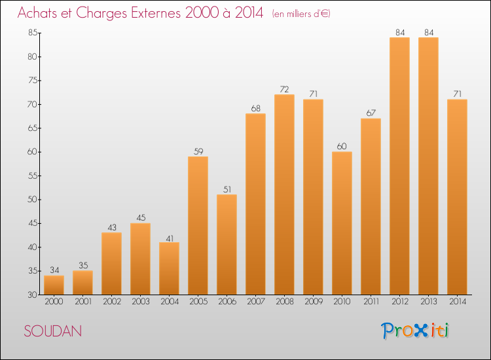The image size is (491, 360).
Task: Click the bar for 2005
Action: pyautogui.click(x=198, y=225)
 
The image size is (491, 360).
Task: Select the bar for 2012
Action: pyautogui.click(x=399, y=166)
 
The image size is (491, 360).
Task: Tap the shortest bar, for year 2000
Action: pyautogui.click(x=54, y=285)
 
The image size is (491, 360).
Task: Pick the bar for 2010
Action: pyautogui.click(x=342, y=223)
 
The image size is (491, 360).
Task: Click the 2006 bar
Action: pyautogui.click(x=227, y=245)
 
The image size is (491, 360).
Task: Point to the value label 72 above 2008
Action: pyautogui.click(x=284, y=90)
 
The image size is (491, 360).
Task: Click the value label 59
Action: pyautogui.click(x=198, y=151)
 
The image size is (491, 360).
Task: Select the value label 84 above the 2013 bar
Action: pyautogui.click(x=429, y=33)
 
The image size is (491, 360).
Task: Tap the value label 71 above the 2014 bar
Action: pyautogui.click(x=458, y=94)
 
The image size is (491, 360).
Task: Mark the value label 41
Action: pyautogui.click(x=170, y=238)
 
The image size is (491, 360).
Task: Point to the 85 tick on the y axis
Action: pyautogui.click(x=33, y=33)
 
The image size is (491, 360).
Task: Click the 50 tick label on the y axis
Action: pyautogui.click(x=33, y=200)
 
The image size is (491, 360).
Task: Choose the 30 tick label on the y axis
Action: pyautogui.click(x=33, y=295)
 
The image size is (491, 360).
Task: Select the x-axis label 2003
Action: pyautogui.click(x=141, y=302)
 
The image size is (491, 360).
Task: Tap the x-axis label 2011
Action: pyautogui.click(x=371, y=302)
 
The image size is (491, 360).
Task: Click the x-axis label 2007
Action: pyautogui.click(x=256, y=302)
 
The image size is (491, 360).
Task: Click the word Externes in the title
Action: pyautogui.click(x=156, y=12)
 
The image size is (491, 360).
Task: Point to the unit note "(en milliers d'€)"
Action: pyautogui.click(x=301, y=14)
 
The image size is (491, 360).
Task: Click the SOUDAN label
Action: pyautogui.click(x=53, y=331)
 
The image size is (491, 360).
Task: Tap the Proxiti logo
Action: pyautogui.click(x=415, y=331)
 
